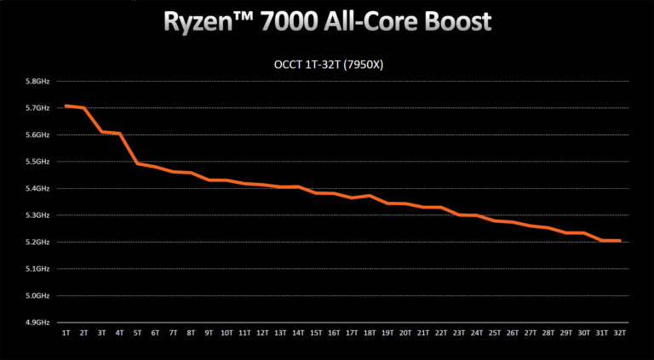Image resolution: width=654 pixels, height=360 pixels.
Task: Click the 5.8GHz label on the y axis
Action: pyautogui.click(x=38, y=82)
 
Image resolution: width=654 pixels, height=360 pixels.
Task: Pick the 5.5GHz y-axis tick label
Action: pyautogui.click(x=38, y=162)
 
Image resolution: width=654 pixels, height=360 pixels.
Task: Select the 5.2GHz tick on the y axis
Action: pyautogui.click(x=38, y=243)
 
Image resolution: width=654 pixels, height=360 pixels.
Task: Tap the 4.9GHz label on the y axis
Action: pyautogui.click(x=38, y=323)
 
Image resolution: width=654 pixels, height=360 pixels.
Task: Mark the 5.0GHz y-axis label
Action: pyautogui.click(x=38, y=296)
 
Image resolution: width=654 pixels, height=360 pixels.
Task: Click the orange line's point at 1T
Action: pyautogui.click(x=66, y=106)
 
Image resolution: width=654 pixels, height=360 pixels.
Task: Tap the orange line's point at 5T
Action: pyautogui.click(x=138, y=163)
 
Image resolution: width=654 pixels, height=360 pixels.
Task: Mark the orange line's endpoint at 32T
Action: pyautogui.click(x=619, y=241)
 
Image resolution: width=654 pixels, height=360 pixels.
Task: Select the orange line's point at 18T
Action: pyautogui.click(x=370, y=196)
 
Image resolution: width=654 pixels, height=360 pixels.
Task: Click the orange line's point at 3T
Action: pyautogui.click(x=102, y=132)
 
